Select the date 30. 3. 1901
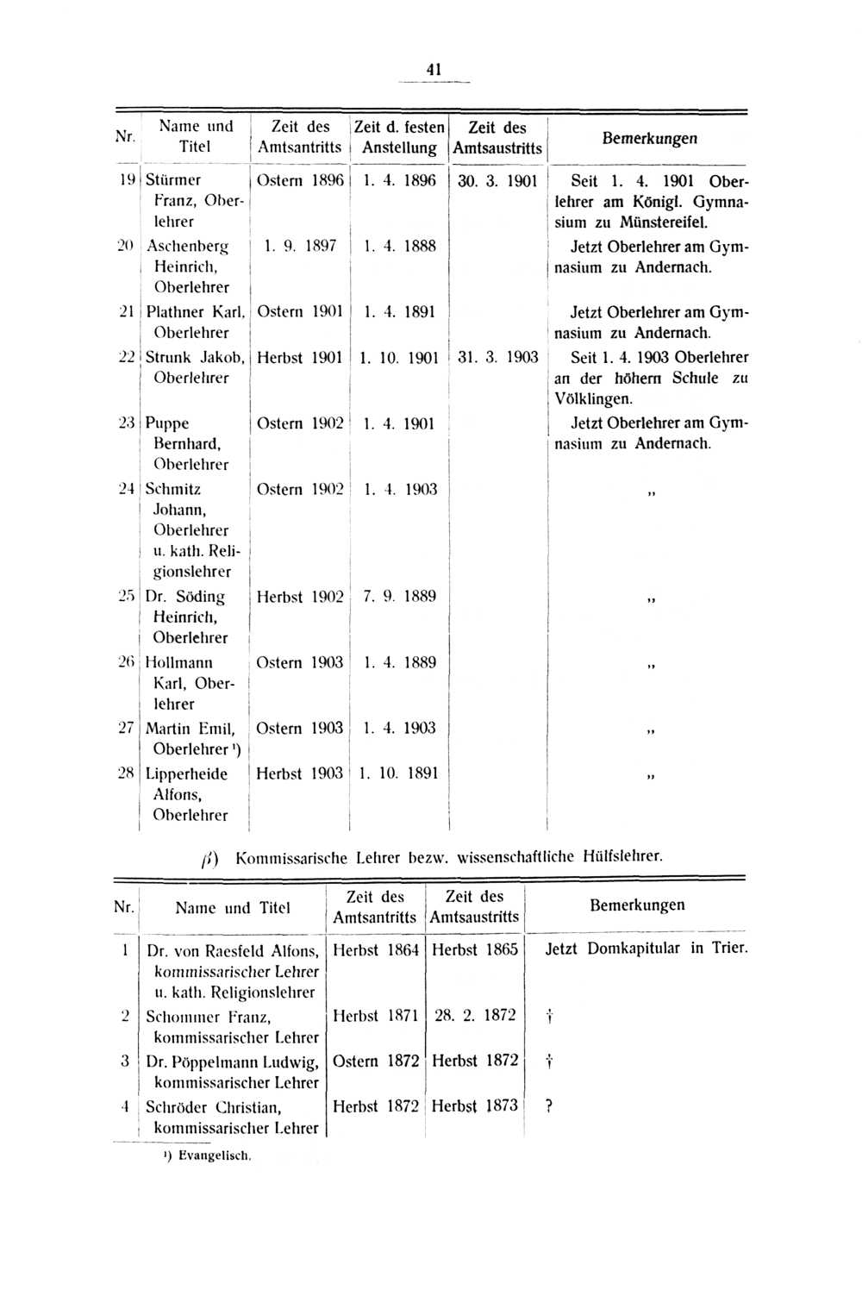click(x=497, y=181)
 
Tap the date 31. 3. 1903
click(x=497, y=357)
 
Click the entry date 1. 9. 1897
click(x=300, y=246)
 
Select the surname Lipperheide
click(x=186, y=773)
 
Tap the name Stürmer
click(x=173, y=180)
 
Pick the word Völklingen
click(x=594, y=399)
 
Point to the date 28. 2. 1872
click(x=475, y=1015)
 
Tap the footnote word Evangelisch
click(x=215, y=1155)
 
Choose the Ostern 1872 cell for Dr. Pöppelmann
click(x=376, y=1061)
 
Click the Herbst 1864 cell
click(x=376, y=949)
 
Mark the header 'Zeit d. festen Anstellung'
click(x=399, y=137)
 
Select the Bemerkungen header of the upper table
click(x=649, y=138)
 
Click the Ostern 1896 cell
click(x=300, y=180)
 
